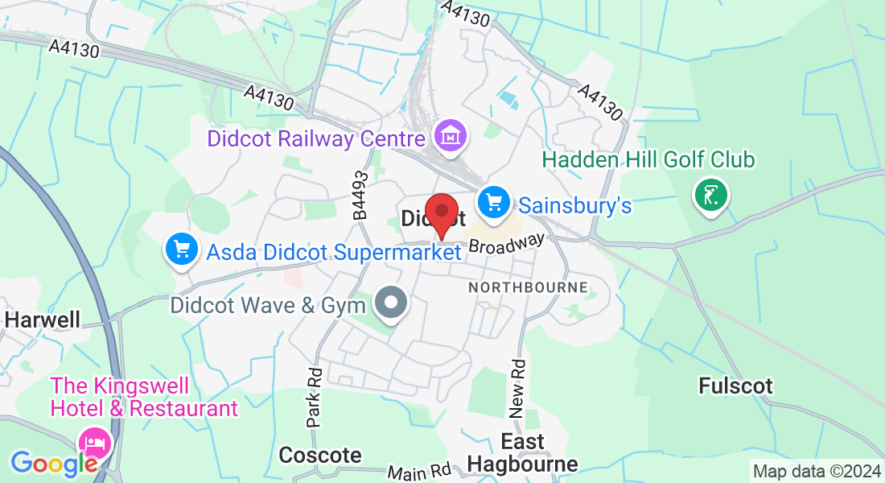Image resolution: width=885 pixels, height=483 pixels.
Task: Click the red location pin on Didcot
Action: [x=441, y=213]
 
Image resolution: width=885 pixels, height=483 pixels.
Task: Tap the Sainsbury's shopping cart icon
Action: [x=493, y=202]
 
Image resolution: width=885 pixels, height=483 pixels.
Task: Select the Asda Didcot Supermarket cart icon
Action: [x=181, y=250]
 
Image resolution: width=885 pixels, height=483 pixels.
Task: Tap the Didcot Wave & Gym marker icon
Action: [x=392, y=303]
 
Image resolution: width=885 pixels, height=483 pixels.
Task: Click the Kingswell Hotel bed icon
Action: [x=96, y=442]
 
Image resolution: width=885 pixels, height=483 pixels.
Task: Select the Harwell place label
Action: [x=42, y=320]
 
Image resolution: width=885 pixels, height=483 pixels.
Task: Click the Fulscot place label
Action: [x=735, y=386]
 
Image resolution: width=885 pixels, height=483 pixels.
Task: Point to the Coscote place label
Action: [x=319, y=455]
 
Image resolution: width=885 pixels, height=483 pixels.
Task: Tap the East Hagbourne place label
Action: [x=523, y=452]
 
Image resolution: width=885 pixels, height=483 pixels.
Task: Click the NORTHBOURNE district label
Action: [x=528, y=287]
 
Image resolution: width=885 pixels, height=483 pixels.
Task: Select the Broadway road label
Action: [x=506, y=244]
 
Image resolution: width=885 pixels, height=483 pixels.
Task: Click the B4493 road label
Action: [x=360, y=196]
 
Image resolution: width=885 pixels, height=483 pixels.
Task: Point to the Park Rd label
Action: [x=315, y=397]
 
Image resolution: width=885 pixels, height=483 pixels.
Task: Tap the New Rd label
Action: [x=519, y=387]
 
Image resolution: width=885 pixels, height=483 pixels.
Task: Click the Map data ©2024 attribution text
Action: [x=816, y=471]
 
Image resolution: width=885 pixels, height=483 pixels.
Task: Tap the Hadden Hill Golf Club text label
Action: [x=648, y=160]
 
